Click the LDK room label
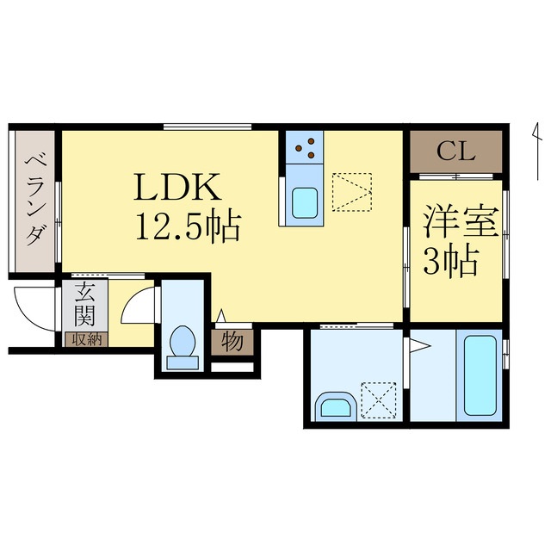point(178,188)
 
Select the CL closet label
point(455,152)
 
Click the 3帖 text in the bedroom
point(449,260)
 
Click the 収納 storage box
point(84,338)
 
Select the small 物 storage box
point(232,343)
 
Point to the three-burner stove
point(304,149)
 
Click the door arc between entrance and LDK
point(138,306)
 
